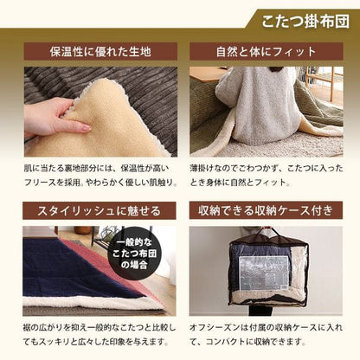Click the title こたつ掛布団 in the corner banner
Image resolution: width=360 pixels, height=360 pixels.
(305, 22)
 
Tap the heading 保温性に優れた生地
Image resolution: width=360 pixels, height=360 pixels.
(100, 52)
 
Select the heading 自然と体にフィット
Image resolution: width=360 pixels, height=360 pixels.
(266, 52)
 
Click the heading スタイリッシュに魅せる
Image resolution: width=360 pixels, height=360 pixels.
(99, 211)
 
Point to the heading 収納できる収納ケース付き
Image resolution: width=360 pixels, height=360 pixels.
(266, 210)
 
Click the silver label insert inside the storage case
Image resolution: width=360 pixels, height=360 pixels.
(263, 273)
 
